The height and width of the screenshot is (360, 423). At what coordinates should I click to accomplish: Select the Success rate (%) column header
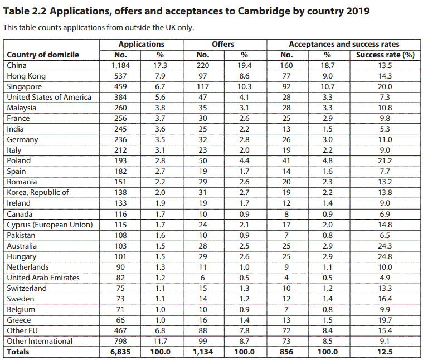(385, 55)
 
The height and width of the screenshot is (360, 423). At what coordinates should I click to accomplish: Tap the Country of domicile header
(43, 55)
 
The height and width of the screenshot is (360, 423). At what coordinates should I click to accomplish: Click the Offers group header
(223, 44)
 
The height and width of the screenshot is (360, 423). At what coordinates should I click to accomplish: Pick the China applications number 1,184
(120, 66)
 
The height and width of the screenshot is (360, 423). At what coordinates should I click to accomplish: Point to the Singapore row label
(25, 87)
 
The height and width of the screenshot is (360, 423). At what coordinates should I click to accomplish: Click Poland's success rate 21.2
(385, 160)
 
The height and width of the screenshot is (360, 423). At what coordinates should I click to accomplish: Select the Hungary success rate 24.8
(385, 256)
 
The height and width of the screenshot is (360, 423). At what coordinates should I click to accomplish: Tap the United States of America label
(49, 97)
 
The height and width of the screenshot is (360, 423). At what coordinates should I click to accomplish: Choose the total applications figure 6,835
(120, 352)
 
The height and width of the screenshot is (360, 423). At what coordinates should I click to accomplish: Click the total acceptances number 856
(286, 352)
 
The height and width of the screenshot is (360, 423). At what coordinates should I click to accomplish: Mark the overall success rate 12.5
(385, 352)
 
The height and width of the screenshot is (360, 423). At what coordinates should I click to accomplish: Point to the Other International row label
(40, 342)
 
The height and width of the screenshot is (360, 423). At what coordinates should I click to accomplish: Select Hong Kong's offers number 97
(203, 76)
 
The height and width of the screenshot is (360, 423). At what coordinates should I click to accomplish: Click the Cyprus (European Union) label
(50, 225)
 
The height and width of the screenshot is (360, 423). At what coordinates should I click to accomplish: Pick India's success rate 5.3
(385, 129)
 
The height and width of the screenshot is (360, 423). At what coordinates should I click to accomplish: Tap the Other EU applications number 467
(120, 331)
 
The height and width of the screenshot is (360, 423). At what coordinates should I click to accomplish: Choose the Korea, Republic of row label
(38, 193)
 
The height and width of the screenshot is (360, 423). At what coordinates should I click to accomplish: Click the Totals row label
(18, 352)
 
